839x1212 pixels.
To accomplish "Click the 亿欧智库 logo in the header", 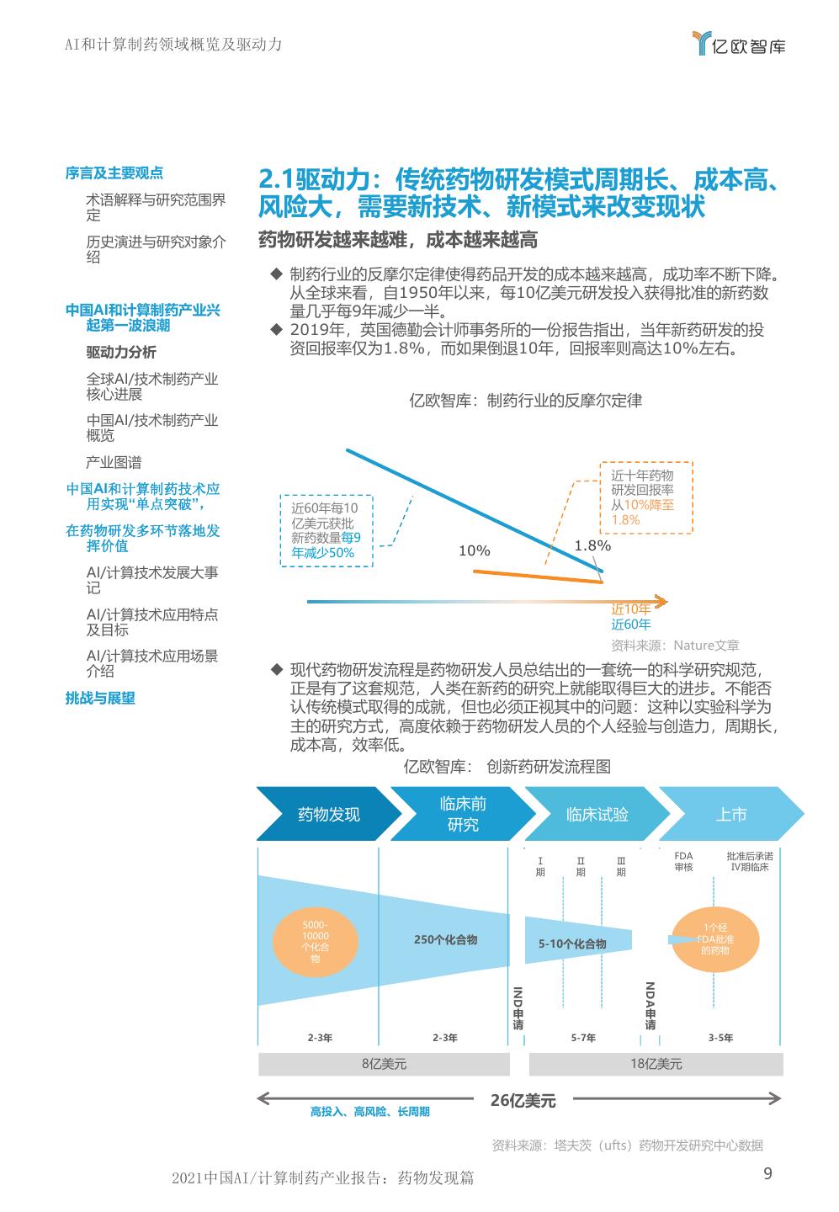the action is click(x=737, y=45).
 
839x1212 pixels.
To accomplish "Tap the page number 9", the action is click(x=767, y=1174).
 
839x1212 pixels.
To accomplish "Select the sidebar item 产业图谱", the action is click(x=114, y=462).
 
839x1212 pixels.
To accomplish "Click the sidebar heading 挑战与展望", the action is click(x=100, y=698).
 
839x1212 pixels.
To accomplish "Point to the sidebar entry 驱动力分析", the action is click(x=121, y=352).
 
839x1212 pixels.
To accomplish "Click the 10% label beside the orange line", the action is click(x=474, y=550).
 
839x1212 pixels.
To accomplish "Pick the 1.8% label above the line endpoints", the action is click(x=592, y=545).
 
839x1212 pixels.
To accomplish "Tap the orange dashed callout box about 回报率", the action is click(x=645, y=497).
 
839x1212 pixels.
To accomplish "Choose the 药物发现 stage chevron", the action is click(x=328, y=814).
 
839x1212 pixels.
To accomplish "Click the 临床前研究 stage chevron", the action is click(x=462, y=814).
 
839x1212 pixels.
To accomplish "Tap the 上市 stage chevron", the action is click(x=730, y=814).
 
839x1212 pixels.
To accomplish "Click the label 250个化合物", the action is click(x=445, y=939).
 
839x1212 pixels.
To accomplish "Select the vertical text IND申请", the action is click(x=518, y=1007).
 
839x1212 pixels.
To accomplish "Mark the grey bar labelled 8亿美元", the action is click(x=384, y=1064).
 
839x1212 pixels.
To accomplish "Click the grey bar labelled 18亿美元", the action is click(x=656, y=1064).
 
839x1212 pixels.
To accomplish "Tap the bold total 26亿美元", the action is click(x=523, y=1099).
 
